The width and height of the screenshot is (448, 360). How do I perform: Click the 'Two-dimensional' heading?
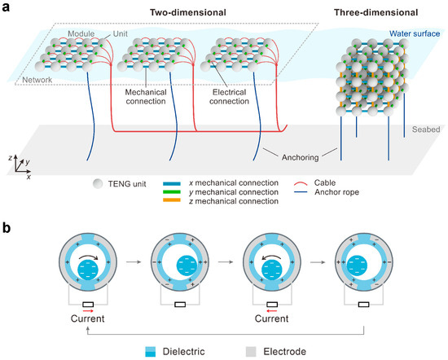(x=172, y=13)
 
